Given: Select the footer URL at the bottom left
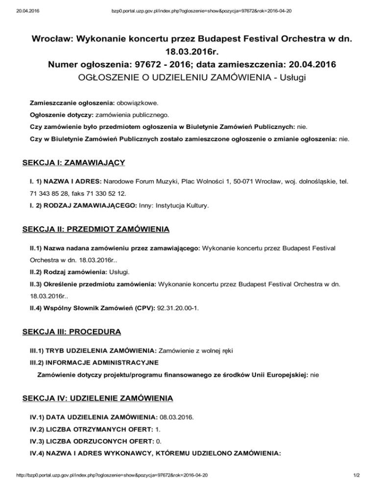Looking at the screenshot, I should (x=104, y=475).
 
